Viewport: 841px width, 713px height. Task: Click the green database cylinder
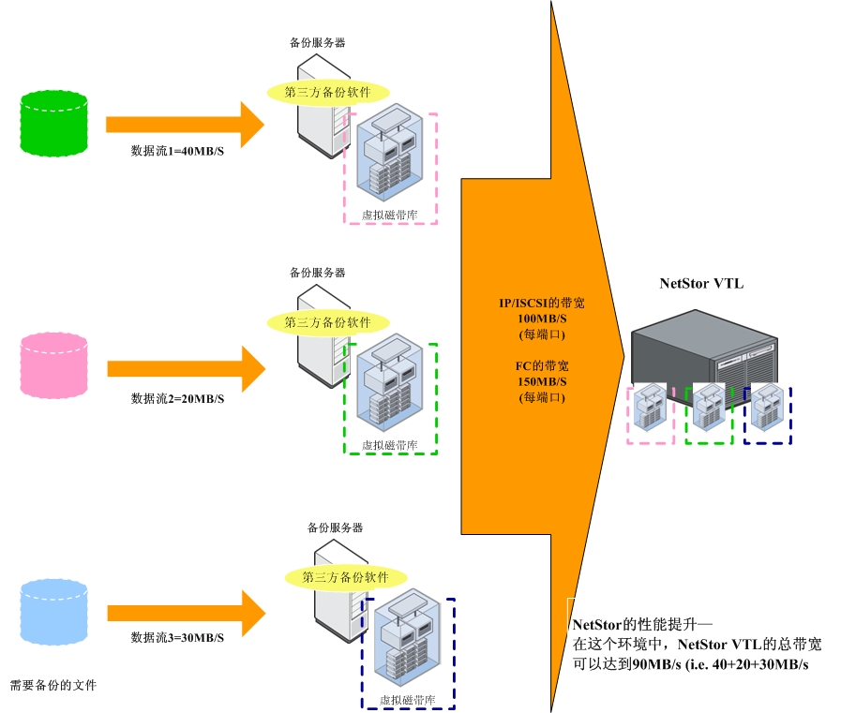click(x=53, y=123)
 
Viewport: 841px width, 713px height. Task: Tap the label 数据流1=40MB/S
click(x=178, y=151)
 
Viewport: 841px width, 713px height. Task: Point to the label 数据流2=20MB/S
click(x=178, y=398)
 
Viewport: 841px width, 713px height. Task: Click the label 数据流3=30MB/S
click(x=178, y=638)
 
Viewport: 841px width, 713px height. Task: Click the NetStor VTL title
click(x=701, y=284)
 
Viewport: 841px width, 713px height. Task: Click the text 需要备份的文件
click(x=53, y=686)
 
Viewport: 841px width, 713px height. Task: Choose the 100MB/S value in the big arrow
click(x=543, y=319)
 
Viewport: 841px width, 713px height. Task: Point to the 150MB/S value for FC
click(x=543, y=381)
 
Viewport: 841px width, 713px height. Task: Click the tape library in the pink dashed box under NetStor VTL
click(x=650, y=413)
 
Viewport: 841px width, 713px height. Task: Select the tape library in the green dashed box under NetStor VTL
click(x=709, y=413)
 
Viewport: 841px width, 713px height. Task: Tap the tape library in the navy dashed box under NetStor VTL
click(x=768, y=413)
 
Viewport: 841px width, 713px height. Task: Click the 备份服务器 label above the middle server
click(x=317, y=273)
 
